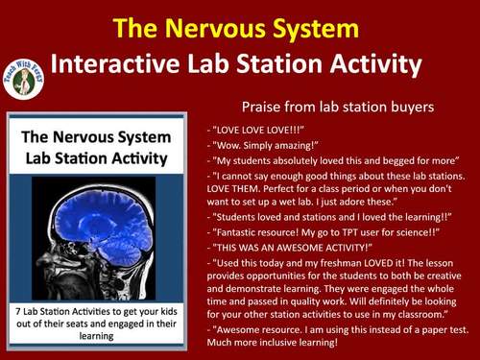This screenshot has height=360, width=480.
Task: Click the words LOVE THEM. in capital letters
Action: pyautogui.click(x=238, y=191)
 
